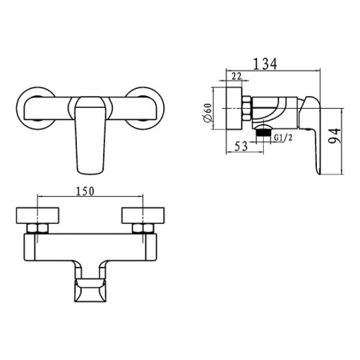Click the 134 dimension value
coord(265,64)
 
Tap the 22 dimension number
coord(236,77)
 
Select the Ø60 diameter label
coord(207,113)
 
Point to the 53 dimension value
coord(242,146)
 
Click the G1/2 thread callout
coord(283,138)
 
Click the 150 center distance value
coord(85,191)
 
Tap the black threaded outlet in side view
coord(263,133)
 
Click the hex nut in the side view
coord(247,108)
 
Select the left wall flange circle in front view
coord(18,108)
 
